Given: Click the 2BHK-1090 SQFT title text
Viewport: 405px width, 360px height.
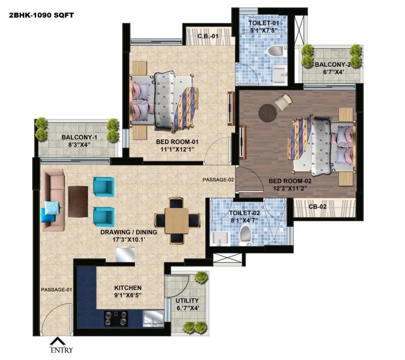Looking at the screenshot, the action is click(41, 15).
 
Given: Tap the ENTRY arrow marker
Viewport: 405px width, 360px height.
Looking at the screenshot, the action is click(58, 341).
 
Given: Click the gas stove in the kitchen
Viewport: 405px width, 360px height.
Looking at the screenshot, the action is click(116, 318).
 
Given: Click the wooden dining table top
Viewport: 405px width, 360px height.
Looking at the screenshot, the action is click(177, 221).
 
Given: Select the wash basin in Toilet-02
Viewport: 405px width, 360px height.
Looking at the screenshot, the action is click(220, 239).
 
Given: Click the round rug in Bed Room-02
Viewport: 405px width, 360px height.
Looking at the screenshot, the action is click(268, 113).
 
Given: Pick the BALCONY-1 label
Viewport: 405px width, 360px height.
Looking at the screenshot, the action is click(79, 137).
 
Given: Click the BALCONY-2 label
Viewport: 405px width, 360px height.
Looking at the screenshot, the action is click(333, 64).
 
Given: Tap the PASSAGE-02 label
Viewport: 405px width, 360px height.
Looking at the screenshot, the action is click(218, 180).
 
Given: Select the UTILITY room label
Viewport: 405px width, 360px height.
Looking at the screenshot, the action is click(187, 300).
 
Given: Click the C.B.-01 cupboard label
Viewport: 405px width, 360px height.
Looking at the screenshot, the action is click(208, 36).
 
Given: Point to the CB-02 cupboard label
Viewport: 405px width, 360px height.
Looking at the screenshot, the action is click(317, 207).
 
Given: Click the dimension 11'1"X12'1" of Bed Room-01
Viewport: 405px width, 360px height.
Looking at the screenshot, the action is click(177, 149).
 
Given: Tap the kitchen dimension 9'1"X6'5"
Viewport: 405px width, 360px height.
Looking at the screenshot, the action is click(128, 295).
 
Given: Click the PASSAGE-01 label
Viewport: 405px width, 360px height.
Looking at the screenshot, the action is click(57, 290).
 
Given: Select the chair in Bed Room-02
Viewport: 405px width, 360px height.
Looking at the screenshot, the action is click(283, 101).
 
